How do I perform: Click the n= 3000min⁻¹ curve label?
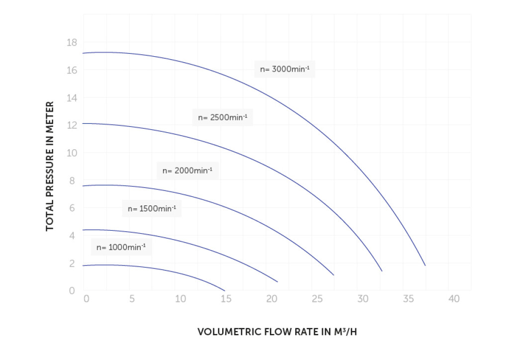(x=285, y=69)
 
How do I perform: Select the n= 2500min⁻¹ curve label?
(x=223, y=117)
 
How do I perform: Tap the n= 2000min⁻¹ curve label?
(x=187, y=171)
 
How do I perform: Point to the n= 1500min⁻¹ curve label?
(x=152, y=209)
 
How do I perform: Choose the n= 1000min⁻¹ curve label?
(x=121, y=247)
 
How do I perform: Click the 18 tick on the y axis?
(x=72, y=43)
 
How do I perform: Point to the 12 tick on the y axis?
(x=72, y=125)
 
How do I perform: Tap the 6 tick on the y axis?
(x=72, y=208)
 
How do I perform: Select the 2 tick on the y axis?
(x=72, y=264)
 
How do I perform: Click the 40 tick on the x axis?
(x=453, y=299)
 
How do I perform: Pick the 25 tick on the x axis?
(x=317, y=299)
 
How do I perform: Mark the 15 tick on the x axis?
(x=226, y=299)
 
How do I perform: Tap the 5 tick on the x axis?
(x=132, y=299)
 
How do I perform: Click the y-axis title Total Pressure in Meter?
(x=50, y=166)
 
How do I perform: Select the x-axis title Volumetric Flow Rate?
(x=277, y=332)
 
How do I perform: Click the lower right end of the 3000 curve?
(x=425, y=266)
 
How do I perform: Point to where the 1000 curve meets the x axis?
(x=225, y=291)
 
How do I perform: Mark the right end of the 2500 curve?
(x=382, y=271)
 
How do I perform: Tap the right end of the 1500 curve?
(x=277, y=282)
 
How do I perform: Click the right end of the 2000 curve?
(x=334, y=275)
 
